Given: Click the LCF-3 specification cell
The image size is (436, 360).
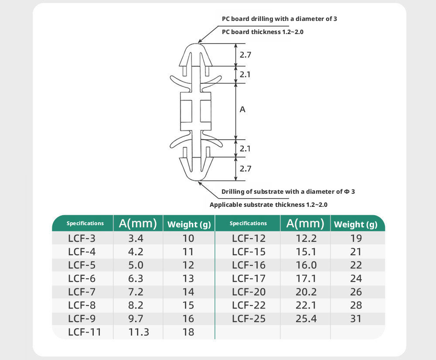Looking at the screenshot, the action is pos(82,238).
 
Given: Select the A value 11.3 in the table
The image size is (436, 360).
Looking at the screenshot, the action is pos(139,332).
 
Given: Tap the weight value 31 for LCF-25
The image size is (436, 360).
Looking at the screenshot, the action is pos(356,319).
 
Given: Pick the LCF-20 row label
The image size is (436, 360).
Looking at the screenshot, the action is pos(249,292).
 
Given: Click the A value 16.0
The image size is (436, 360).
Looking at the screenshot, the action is pos(306,265).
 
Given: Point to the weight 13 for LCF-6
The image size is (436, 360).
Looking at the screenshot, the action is pos(188,278).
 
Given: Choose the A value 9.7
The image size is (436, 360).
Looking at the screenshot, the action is pos(136,319).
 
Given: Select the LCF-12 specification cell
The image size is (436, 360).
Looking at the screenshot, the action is pos(249,238).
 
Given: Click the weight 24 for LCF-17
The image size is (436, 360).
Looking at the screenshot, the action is pos(356,278).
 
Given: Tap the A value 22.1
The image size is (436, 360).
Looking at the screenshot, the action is pos(306,305).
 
